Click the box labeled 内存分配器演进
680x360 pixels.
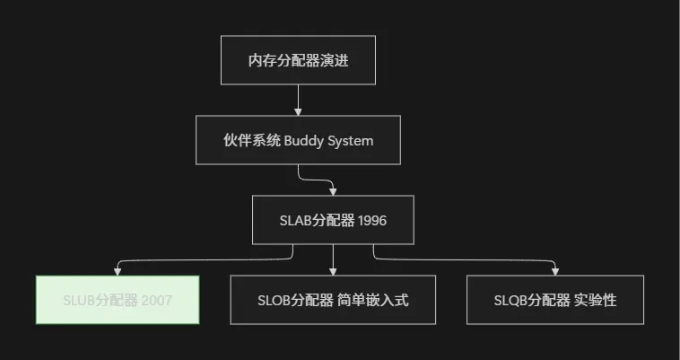[x=298, y=61]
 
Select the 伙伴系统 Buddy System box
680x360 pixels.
[x=298, y=141]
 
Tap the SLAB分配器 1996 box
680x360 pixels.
[x=333, y=220]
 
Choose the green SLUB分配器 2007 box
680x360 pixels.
[x=118, y=300]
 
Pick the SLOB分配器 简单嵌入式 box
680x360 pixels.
[x=333, y=300]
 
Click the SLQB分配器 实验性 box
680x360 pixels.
[x=555, y=300]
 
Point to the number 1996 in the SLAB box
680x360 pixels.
[x=371, y=220]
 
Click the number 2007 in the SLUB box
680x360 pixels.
[x=156, y=300]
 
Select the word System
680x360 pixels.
[x=351, y=141]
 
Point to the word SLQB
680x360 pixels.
[x=510, y=300]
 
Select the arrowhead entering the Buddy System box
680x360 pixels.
[x=298, y=113]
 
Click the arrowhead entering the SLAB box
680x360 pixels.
[x=333, y=192]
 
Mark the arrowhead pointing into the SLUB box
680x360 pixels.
[x=118, y=271]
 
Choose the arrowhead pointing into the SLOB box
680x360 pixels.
[x=333, y=271]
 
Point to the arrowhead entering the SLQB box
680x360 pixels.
[x=555, y=271]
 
